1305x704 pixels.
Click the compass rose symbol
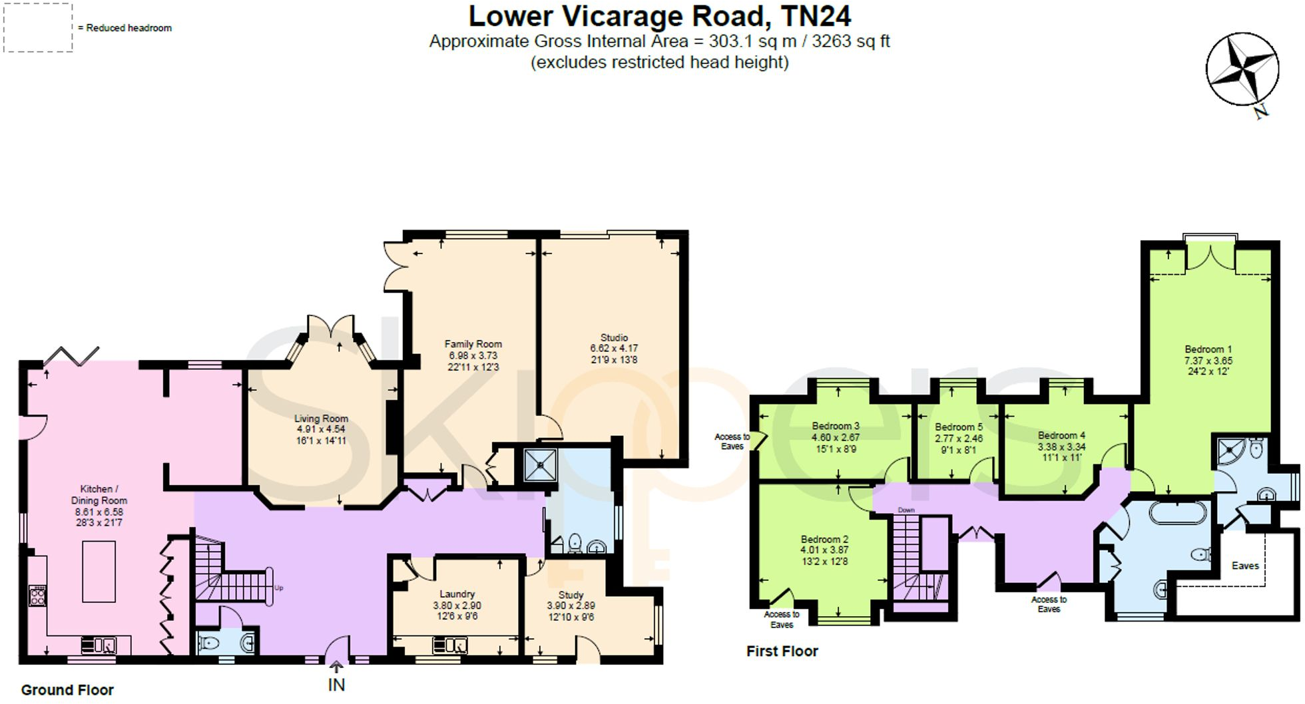tap(1242, 70)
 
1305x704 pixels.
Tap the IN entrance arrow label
tap(336, 684)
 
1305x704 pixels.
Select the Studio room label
tap(614, 338)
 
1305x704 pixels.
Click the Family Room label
tap(473, 344)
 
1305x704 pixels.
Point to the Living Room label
tap(321, 419)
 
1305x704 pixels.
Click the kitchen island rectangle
tap(99, 571)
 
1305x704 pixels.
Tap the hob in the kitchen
tap(37, 595)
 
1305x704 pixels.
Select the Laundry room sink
tap(450, 645)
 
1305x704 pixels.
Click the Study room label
tap(571, 595)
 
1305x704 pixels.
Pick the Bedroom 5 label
tap(958, 427)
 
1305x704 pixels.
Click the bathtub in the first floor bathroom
tap(1177, 512)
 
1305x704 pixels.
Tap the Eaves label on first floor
tap(1244, 566)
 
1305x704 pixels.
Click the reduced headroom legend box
tap(38, 27)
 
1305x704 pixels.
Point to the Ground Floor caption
tap(67, 690)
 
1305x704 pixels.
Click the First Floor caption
tap(782, 651)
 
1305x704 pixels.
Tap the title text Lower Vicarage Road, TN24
tap(659, 16)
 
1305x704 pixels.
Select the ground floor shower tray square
tap(539, 465)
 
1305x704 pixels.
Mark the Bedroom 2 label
tap(824, 539)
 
